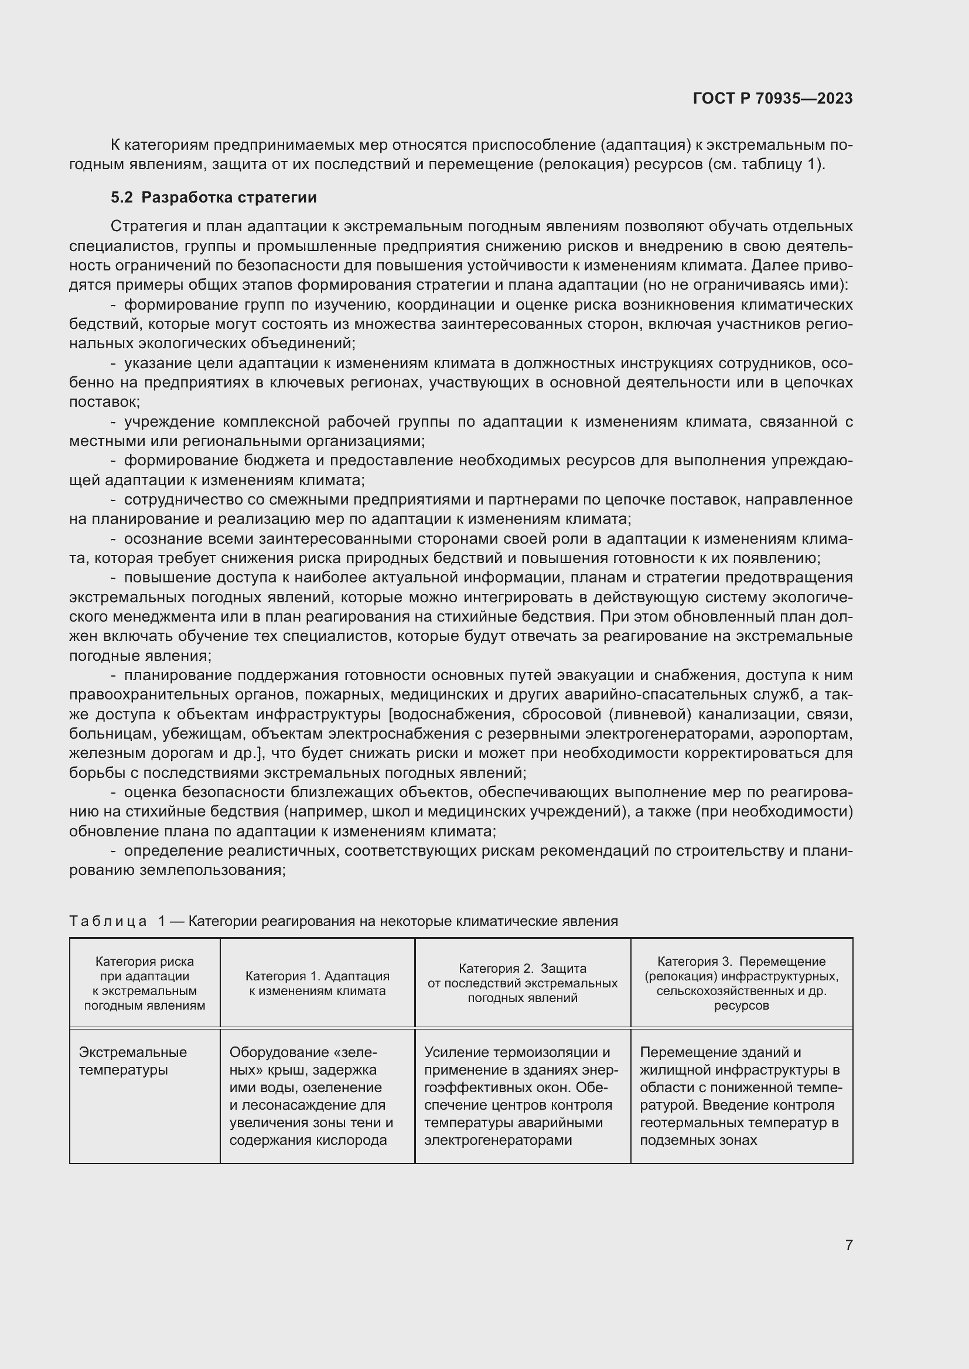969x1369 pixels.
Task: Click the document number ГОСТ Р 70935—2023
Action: click(x=772, y=98)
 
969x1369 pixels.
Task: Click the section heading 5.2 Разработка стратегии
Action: click(x=213, y=197)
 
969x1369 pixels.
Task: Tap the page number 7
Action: click(x=848, y=1245)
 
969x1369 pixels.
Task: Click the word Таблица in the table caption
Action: click(x=108, y=921)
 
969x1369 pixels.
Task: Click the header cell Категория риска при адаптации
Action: click(x=144, y=983)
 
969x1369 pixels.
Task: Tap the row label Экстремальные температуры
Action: click(x=132, y=1061)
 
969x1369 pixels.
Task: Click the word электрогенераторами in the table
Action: click(x=497, y=1140)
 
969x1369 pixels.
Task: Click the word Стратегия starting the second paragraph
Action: click(x=148, y=227)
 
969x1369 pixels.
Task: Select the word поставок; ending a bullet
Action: click(x=104, y=402)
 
